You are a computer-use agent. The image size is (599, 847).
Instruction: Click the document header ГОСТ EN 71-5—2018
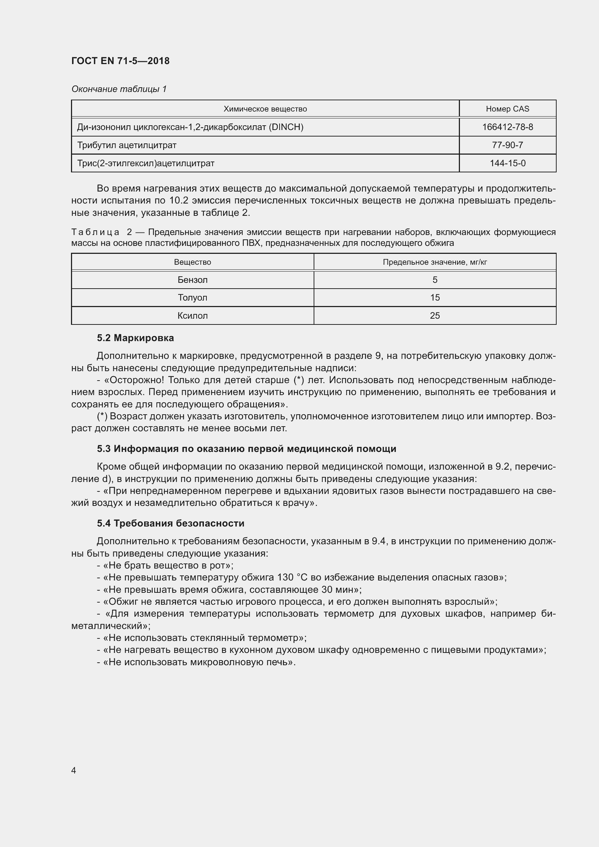120,61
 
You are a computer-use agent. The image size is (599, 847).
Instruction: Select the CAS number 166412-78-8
507,127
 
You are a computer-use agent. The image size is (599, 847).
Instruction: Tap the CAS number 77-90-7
507,145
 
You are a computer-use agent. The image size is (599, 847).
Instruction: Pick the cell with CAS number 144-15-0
507,163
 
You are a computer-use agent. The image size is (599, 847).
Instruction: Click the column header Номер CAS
507,109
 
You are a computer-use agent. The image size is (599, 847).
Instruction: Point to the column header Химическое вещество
265,109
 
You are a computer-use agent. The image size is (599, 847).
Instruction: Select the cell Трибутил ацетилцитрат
126,145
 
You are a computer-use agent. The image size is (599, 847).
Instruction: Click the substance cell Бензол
193,280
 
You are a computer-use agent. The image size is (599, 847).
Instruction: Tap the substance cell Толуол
193,297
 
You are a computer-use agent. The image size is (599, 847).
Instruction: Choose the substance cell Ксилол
193,315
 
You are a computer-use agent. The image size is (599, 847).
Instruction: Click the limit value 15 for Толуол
435,297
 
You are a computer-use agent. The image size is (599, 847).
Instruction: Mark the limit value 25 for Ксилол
435,315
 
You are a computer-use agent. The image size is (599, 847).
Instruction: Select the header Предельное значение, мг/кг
435,262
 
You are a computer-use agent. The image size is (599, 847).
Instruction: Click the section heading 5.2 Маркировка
135,338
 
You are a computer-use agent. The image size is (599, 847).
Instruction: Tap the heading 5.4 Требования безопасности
171,523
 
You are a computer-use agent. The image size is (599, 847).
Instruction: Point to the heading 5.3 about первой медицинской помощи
246,449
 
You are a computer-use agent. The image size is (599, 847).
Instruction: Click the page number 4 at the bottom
74,770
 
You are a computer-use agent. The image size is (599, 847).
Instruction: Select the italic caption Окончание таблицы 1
119,89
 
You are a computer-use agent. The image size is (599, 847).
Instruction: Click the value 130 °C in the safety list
293,577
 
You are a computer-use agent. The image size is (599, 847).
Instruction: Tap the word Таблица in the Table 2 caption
95,232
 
